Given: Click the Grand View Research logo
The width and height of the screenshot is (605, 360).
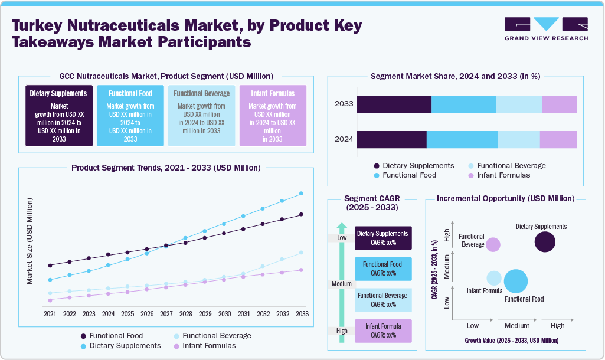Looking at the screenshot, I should point(546,28).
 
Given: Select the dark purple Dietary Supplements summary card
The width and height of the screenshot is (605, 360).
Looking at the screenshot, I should point(58,116).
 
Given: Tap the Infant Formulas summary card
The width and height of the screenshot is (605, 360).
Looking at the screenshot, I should point(273,116).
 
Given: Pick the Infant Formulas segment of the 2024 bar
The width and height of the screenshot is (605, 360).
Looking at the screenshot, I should point(558,139).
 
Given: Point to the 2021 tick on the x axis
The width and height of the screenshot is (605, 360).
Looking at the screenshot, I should point(50,313).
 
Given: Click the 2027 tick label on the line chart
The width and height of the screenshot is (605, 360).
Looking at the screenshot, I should point(166,313).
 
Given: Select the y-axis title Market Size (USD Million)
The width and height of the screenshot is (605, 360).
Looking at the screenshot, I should point(30,241).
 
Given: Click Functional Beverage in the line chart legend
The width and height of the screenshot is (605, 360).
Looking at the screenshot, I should point(217,336).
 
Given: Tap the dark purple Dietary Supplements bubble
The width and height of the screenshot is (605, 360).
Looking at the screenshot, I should point(545,242).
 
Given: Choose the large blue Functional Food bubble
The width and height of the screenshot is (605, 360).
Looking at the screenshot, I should point(516,281).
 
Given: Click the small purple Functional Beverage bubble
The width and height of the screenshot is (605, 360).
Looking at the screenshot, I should point(493,244).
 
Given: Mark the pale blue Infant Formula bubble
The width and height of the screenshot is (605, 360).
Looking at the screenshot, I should point(494,278).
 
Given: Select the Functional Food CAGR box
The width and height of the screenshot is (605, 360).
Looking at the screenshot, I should point(382,269).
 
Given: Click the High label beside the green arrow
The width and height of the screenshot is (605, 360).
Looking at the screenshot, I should point(342,331).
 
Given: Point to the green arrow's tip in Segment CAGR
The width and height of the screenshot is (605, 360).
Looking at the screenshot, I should point(342,227).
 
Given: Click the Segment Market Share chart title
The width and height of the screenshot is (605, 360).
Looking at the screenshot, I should point(455,76).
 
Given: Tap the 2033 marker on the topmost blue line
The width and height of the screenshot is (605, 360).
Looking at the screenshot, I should point(302,193).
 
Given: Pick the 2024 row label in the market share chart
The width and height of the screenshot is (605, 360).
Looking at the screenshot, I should point(344,139).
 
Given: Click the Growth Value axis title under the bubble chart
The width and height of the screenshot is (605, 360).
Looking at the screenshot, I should point(511,341).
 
